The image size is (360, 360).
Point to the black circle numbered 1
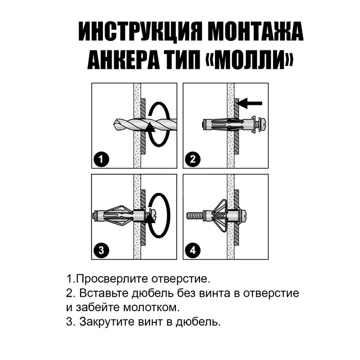[101, 159]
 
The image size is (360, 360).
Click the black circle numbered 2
[193, 159]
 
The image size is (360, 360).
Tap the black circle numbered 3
[101, 250]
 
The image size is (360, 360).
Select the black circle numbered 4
[193, 250]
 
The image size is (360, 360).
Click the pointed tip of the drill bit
[114, 124]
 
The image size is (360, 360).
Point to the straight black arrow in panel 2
[250, 103]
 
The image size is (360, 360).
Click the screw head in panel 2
[262, 125]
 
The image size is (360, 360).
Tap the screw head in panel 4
[244, 217]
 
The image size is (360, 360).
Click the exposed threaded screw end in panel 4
[195, 217]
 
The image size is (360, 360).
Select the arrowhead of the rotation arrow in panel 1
[150, 128]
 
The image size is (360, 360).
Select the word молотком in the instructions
[151, 308]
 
